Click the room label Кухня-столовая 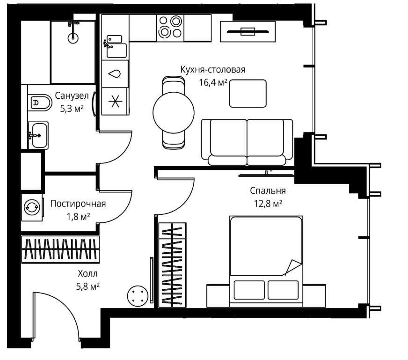[213, 70]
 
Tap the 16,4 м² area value [213, 82]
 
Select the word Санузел [72, 96]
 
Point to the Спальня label [268, 191]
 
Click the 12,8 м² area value [268, 204]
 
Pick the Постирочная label [78, 204]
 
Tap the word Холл [87, 273]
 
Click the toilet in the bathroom [40, 103]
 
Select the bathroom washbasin [38, 135]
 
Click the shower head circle [73, 38]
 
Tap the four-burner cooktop [170, 28]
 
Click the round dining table [174, 113]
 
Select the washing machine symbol [32, 207]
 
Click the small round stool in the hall [138, 296]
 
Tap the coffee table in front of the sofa [248, 94]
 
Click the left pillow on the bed [249, 290]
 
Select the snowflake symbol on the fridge [115, 101]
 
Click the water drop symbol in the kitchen [115, 74]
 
